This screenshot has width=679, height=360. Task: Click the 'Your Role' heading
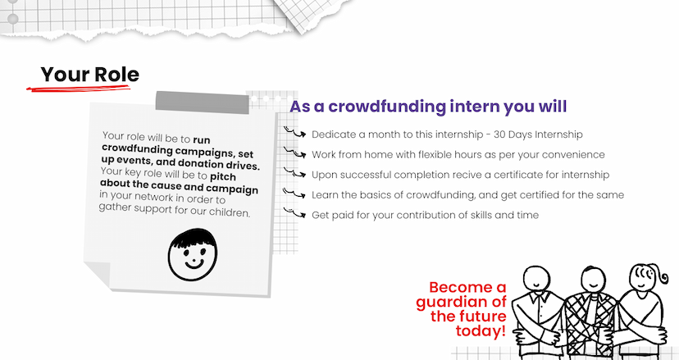(x=90, y=75)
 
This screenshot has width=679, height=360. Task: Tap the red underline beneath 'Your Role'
(x=79, y=88)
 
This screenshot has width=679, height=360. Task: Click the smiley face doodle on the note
(x=193, y=255)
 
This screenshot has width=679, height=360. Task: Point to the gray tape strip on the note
(x=203, y=103)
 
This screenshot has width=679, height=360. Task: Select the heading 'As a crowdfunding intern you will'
(x=428, y=106)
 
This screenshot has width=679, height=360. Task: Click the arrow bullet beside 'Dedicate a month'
(x=295, y=132)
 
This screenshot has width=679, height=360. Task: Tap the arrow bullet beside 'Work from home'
(x=295, y=152)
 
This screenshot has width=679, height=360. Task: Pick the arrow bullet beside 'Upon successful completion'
(x=295, y=172)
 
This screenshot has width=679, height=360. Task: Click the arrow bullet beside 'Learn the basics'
(x=295, y=193)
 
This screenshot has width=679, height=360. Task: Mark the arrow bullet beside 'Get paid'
(x=295, y=212)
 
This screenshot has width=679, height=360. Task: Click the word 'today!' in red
(x=481, y=331)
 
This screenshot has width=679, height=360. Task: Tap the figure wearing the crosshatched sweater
(x=591, y=312)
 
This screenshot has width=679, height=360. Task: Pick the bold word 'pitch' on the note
(x=223, y=177)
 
